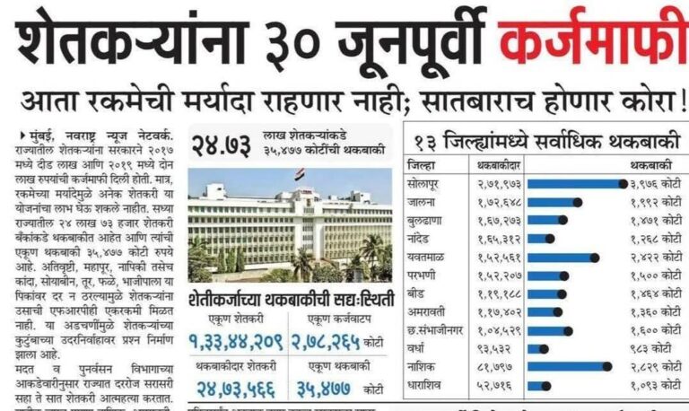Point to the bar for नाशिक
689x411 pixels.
pyautogui.click(x=567, y=365)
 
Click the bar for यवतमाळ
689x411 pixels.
pyautogui.click(x=562, y=256)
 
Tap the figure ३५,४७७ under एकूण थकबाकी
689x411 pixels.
pyautogui.click(x=324, y=388)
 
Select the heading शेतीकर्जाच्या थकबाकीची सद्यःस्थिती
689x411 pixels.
pyautogui.click(x=292, y=299)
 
